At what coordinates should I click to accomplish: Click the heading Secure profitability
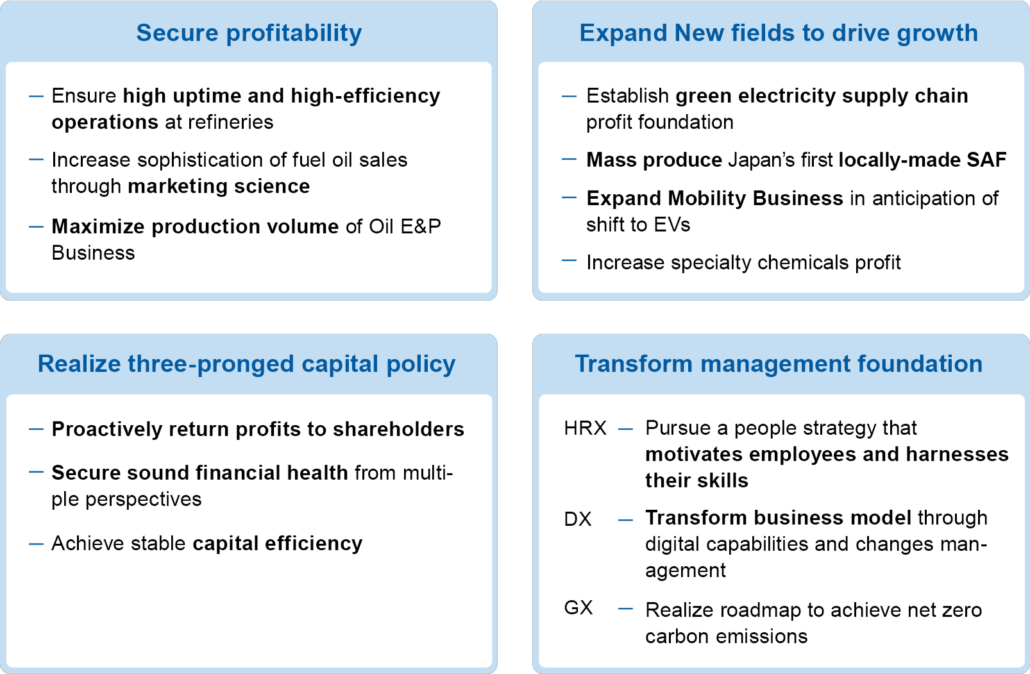(249, 33)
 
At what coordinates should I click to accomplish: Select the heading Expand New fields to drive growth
(779, 33)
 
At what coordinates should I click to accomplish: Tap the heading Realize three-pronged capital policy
(246, 364)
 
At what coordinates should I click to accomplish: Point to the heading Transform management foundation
(779, 364)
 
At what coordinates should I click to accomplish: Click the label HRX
(585, 428)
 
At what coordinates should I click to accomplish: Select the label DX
(577, 519)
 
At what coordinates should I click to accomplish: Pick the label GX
(578, 608)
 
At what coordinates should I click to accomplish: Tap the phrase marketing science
(219, 187)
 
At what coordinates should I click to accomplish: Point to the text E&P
(420, 227)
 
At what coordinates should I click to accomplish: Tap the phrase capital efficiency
(277, 544)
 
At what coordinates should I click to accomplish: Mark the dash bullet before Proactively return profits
(37, 429)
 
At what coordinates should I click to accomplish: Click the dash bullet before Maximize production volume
(37, 226)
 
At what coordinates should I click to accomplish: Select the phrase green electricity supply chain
(822, 96)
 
